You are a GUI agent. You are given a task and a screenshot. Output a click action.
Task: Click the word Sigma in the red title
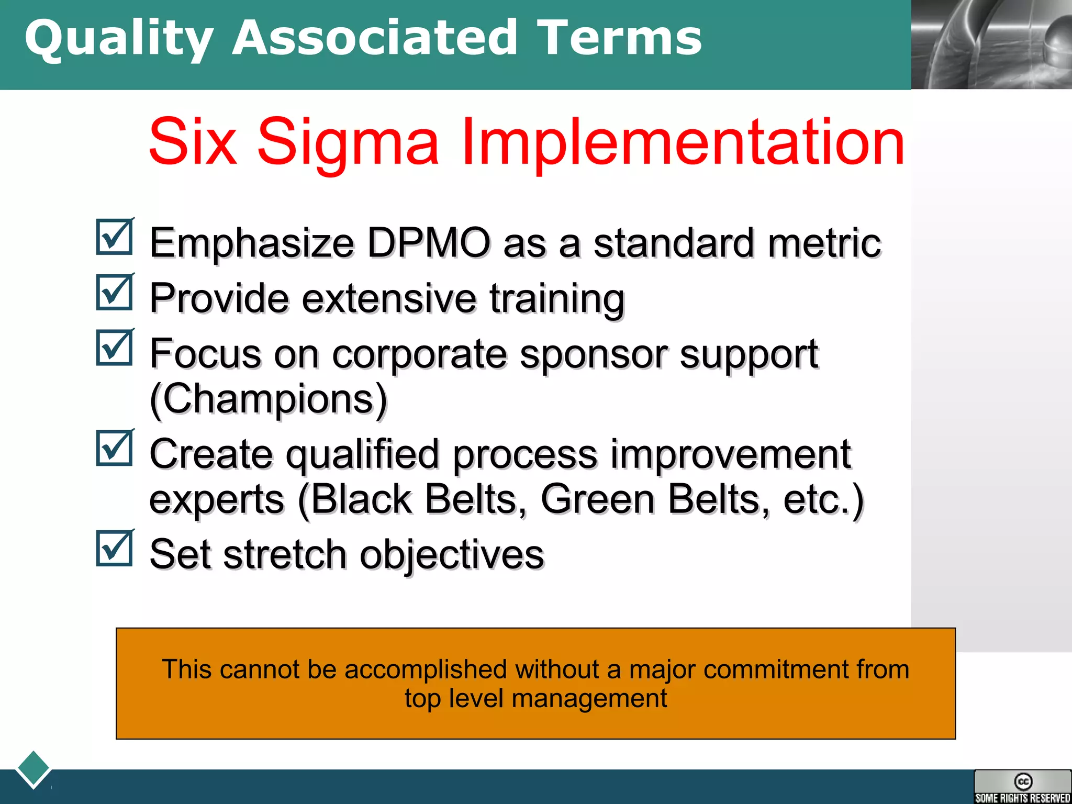click(348, 142)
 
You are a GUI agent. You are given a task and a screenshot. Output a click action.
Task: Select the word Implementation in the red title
click(683, 142)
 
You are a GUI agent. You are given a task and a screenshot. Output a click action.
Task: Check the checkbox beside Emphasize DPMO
click(115, 237)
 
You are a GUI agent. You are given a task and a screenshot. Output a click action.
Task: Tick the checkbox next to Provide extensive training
click(115, 293)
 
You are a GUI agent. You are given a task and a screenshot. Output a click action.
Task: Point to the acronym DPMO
click(428, 243)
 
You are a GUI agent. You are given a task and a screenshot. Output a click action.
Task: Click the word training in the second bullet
click(557, 298)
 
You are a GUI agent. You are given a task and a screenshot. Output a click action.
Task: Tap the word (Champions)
click(269, 399)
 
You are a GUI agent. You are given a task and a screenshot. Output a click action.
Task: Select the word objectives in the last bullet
click(452, 555)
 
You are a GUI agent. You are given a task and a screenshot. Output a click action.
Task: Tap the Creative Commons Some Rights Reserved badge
click(1022, 786)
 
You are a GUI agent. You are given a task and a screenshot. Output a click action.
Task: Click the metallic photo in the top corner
click(991, 44)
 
